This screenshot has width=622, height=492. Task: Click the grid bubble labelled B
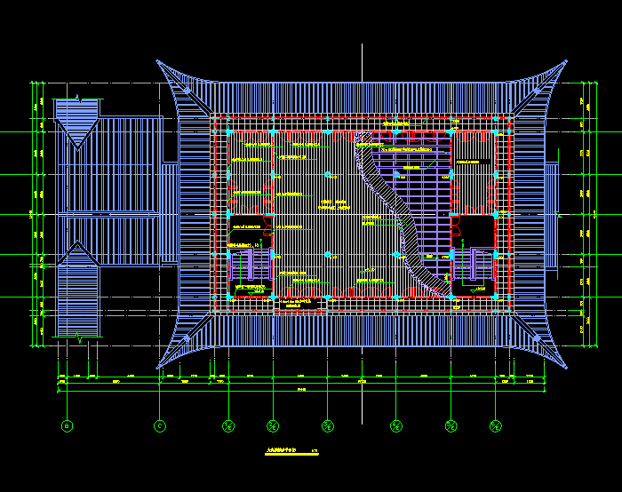[x=67, y=426]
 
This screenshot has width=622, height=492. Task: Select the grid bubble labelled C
[x=160, y=426]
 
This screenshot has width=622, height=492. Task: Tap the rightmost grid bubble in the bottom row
[x=495, y=426]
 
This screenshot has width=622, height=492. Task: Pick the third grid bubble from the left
[x=228, y=426]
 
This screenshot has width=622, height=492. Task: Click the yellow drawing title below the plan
[x=279, y=452]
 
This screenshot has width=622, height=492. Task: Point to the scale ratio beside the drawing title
[x=315, y=452]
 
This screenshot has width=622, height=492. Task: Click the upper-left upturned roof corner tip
[x=158, y=61]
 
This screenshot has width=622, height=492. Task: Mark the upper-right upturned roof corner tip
[x=566, y=61]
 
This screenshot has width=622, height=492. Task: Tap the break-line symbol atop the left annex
[x=78, y=96]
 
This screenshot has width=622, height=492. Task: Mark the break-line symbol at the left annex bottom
[x=79, y=337]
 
